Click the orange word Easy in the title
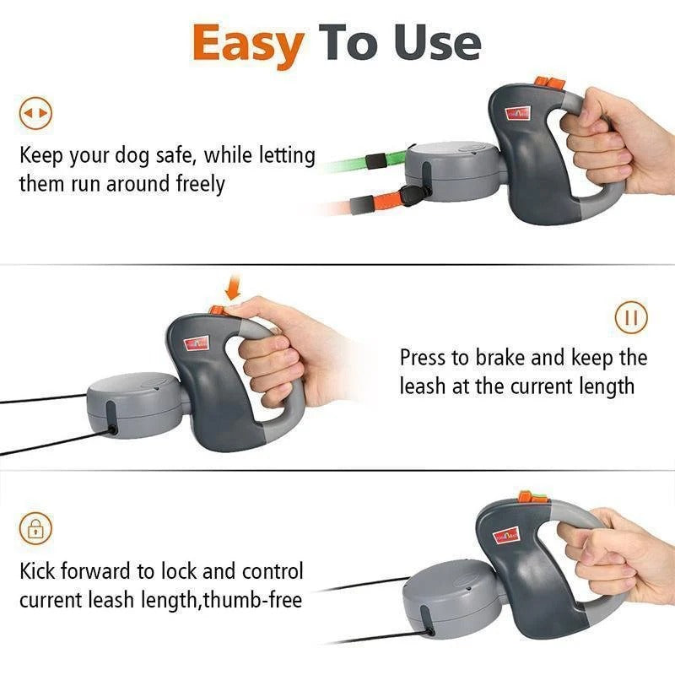[246, 44]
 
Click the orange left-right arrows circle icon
[35, 112]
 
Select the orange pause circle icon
[630, 318]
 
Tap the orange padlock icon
[35, 530]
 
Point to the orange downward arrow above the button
[232, 291]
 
